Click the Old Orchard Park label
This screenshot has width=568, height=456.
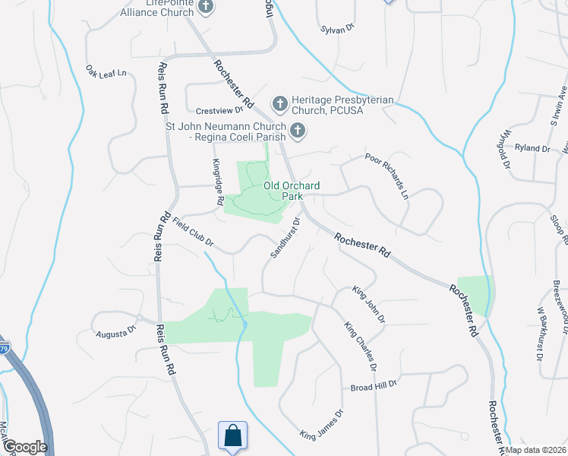point(292,190)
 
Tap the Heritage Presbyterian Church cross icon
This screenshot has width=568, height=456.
point(279,103)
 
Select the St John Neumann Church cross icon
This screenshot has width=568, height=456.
point(298,131)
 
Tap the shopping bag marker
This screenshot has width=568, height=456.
point(233,437)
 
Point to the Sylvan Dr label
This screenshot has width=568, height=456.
point(339,28)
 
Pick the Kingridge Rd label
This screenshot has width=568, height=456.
point(217,176)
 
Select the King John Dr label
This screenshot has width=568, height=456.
point(368,303)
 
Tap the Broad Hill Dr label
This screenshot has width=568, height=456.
point(374,386)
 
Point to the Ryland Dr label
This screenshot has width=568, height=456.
point(532,148)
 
